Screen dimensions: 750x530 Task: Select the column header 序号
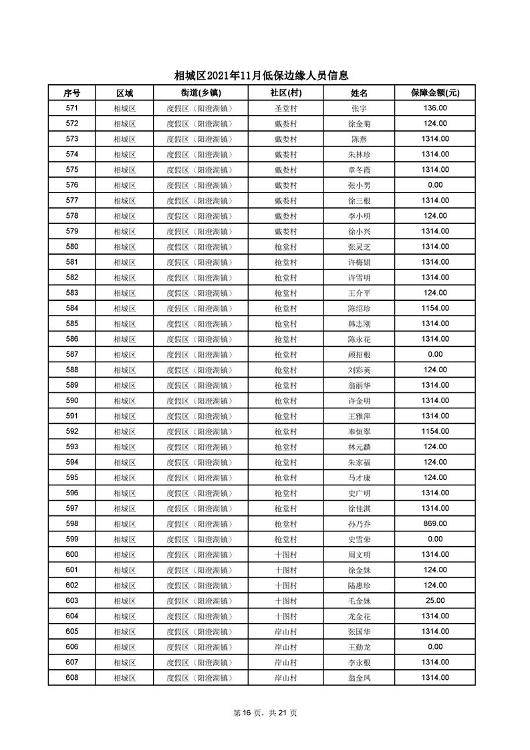click(72, 93)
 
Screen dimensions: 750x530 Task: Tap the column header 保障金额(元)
click(434, 93)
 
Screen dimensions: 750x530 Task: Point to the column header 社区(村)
click(285, 93)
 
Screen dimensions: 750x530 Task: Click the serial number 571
click(72, 108)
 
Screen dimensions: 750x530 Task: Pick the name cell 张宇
click(359, 108)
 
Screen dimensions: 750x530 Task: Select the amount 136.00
click(435, 108)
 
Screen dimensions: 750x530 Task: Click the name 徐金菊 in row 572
click(359, 124)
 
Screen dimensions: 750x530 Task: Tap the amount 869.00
click(435, 523)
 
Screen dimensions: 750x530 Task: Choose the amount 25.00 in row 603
click(435, 600)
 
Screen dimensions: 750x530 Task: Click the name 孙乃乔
click(359, 523)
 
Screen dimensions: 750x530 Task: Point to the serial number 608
click(72, 677)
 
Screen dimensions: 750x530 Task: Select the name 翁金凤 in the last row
click(359, 677)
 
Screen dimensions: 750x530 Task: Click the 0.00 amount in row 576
click(435, 185)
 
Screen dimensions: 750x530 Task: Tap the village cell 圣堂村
click(285, 108)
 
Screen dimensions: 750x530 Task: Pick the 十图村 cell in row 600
click(285, 554)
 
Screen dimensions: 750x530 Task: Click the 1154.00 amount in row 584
click(435, 308)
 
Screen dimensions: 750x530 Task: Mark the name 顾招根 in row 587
click(359, 354)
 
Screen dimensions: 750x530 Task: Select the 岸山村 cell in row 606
click(285, 646)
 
